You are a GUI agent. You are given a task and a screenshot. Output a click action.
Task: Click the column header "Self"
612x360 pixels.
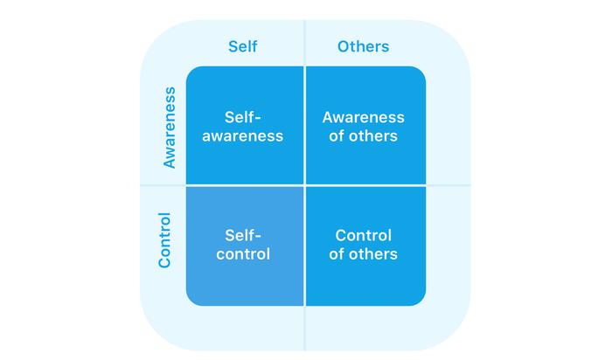[242, 46]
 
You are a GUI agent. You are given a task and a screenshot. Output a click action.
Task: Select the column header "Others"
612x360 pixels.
[363, 46]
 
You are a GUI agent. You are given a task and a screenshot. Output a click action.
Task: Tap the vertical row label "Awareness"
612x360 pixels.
[170, 128]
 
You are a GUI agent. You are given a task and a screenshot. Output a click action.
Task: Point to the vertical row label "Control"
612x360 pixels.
[164, 240]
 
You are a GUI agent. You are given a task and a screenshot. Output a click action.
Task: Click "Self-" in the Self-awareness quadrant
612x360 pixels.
[242, 117]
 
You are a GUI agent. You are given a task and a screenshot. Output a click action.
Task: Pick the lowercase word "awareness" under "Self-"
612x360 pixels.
[242, 136]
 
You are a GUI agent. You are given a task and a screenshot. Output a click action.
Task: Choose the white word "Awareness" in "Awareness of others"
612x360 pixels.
[363, 117]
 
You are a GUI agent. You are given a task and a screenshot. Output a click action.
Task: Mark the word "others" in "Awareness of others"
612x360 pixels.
[373, 135]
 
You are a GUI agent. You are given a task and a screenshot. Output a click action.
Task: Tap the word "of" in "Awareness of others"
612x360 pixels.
[337, 135]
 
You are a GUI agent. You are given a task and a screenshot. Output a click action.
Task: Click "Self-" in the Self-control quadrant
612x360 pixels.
[243, 235]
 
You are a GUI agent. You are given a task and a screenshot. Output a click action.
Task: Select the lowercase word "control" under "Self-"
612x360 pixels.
[243, 254]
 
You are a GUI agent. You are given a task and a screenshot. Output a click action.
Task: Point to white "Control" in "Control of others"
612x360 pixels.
[363, 235]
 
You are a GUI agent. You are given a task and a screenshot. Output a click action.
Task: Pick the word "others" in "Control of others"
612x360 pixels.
[373, 254]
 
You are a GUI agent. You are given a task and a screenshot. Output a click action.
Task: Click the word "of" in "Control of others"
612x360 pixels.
[337, 254]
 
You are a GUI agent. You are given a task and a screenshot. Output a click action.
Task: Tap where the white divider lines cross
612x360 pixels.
[304, 185]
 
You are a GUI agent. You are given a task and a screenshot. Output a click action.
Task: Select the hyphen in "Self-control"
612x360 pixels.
[257, 237]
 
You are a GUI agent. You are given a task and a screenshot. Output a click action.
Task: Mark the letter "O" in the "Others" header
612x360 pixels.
[344, 47]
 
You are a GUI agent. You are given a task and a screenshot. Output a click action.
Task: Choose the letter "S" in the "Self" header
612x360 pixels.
[233, 47]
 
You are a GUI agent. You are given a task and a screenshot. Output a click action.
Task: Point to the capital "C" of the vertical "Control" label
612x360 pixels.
[164, 262]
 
